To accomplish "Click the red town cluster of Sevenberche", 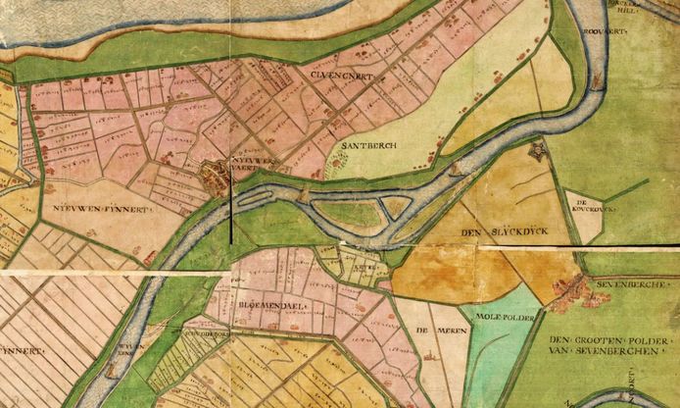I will pos(568,291).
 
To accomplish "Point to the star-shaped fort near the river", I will pos(536,152).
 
